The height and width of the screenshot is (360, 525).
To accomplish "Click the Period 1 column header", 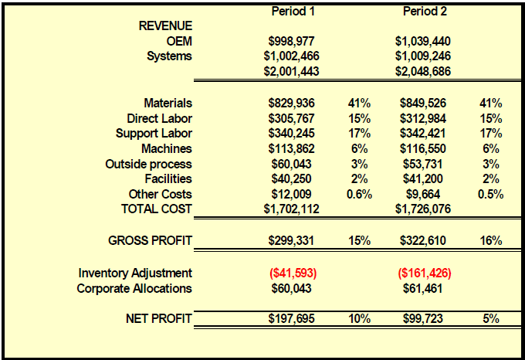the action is click(293, 12).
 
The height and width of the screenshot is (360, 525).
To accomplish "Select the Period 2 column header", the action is click(425, 12).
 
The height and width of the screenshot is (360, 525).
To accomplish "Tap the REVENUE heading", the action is click(165, 25).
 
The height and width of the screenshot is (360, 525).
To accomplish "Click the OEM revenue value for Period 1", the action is click(291, 41).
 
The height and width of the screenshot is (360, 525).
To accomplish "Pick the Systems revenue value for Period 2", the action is click(423, 56).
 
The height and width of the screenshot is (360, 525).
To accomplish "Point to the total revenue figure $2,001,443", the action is click(291, 71).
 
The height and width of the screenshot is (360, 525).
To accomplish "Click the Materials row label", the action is click(168, 104).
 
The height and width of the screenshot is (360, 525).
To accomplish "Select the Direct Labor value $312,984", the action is click(423, 118).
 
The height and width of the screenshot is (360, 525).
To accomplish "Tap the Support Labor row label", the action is click(154, 134).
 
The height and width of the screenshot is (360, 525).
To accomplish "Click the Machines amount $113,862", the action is click(291, 148).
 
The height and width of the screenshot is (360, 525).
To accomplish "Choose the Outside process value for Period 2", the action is click(423, 164).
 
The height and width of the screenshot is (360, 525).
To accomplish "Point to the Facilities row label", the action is click(168, 178).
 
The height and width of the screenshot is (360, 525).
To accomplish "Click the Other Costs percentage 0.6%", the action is click(359, 194).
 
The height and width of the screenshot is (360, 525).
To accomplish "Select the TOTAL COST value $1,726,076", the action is click(423, 209).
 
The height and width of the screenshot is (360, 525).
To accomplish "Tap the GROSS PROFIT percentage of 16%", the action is click(491, 240).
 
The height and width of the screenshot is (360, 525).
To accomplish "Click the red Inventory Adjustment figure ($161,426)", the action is click(425, 273).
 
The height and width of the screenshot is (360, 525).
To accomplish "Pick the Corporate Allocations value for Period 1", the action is click(291, 288).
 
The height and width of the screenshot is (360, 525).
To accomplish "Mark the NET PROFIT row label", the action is click(159, 318).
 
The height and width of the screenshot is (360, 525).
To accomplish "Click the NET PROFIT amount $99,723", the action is click(423, 318).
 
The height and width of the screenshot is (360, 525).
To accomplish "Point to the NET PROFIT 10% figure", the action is click(359, 318).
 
